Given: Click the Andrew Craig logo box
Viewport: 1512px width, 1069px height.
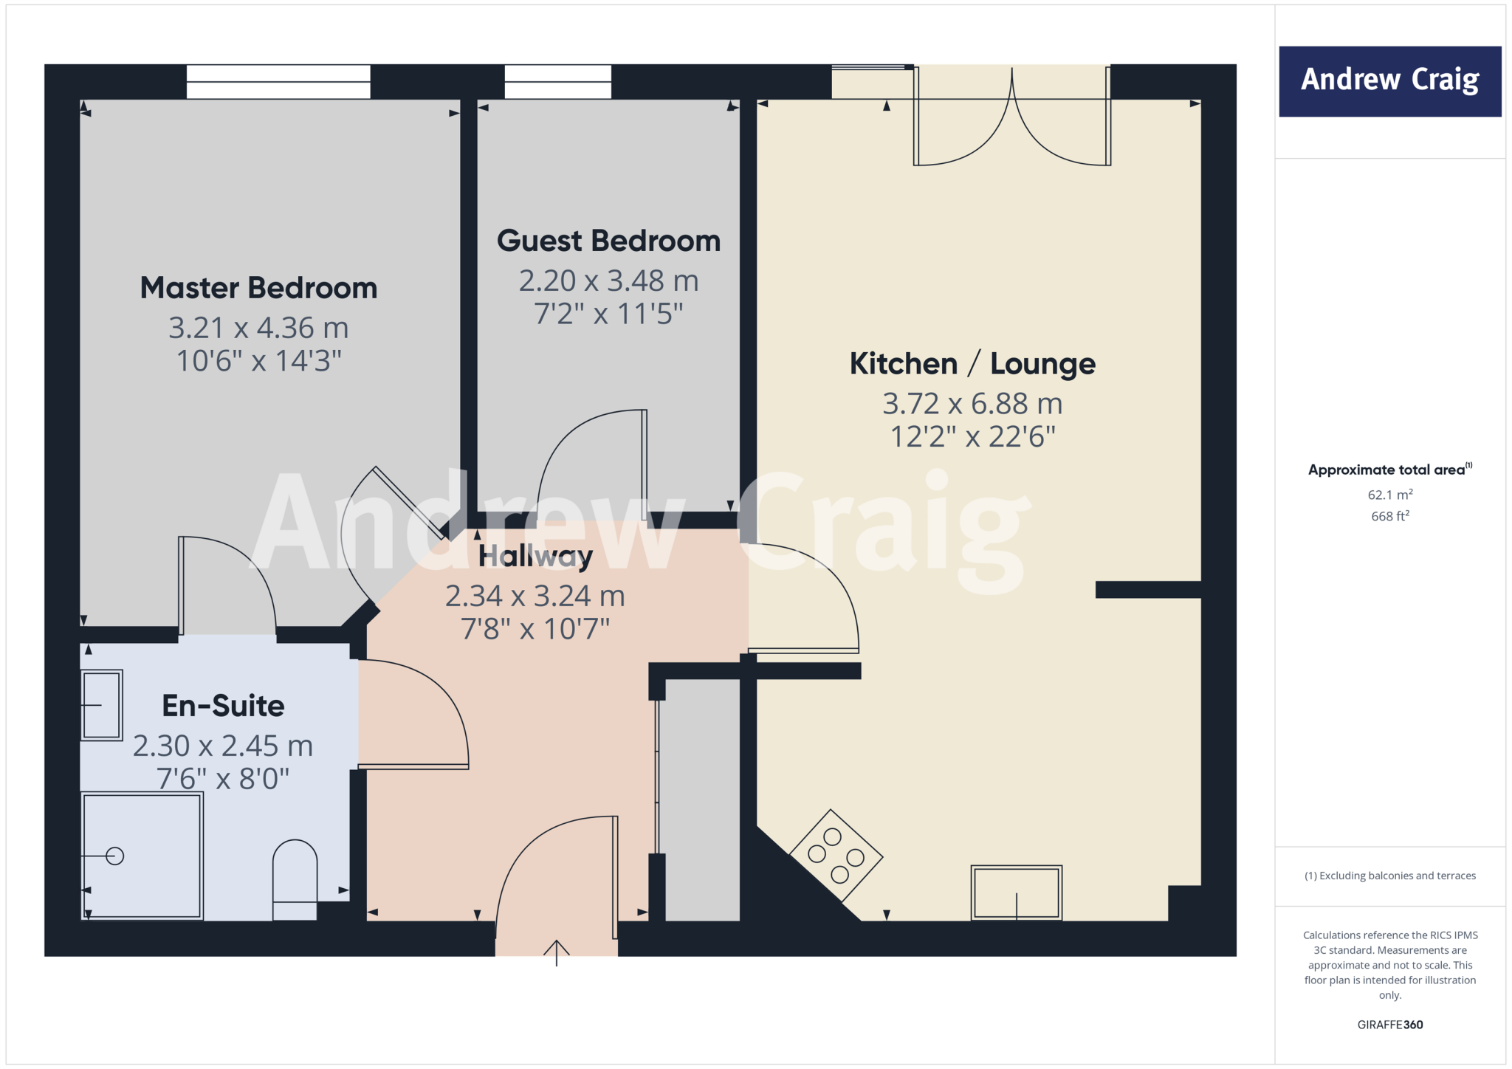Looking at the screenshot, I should point(1389,81).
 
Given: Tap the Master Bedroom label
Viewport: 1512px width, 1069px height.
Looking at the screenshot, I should point(258,288).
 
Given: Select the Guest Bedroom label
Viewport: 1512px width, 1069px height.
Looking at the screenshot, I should point(608,241).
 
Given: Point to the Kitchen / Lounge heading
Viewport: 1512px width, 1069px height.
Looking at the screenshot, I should point(972,364).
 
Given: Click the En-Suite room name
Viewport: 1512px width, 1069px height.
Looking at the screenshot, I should point(223,706).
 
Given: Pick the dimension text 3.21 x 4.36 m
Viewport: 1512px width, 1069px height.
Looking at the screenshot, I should point(258,328).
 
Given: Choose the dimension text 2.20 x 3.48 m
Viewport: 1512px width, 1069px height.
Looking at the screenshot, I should point(608,281).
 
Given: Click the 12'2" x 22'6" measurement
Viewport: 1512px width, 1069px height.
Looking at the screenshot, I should point(972,437).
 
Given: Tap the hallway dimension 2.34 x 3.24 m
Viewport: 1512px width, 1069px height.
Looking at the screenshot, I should point(535,596).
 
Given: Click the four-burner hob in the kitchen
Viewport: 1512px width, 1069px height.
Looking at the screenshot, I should point(836,856).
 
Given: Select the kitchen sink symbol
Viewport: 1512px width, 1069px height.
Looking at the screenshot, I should point(1016,893).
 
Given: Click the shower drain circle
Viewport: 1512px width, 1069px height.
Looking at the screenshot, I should point(114,856).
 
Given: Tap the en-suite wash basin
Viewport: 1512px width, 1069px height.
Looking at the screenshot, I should point(101,705).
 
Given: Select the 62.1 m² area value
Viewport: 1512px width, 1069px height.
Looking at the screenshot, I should point(1389,495).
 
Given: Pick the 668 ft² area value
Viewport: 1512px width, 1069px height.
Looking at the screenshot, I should point(1389,516).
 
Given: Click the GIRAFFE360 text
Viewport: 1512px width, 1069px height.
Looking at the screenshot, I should point(1389,1024).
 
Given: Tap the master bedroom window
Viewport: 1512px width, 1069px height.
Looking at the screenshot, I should point(278,82).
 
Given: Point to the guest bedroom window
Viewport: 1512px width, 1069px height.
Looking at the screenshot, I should point(557,82).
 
